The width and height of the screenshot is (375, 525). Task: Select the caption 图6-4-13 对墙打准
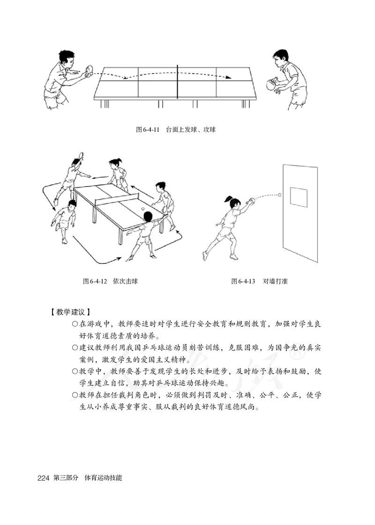point(258,281)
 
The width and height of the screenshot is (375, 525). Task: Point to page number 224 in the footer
point(43,479)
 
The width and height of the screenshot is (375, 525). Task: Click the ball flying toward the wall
point(280,194)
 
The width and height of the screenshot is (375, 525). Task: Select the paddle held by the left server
point(88,73)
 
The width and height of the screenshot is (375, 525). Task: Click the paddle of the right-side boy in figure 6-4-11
point(269,85)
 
